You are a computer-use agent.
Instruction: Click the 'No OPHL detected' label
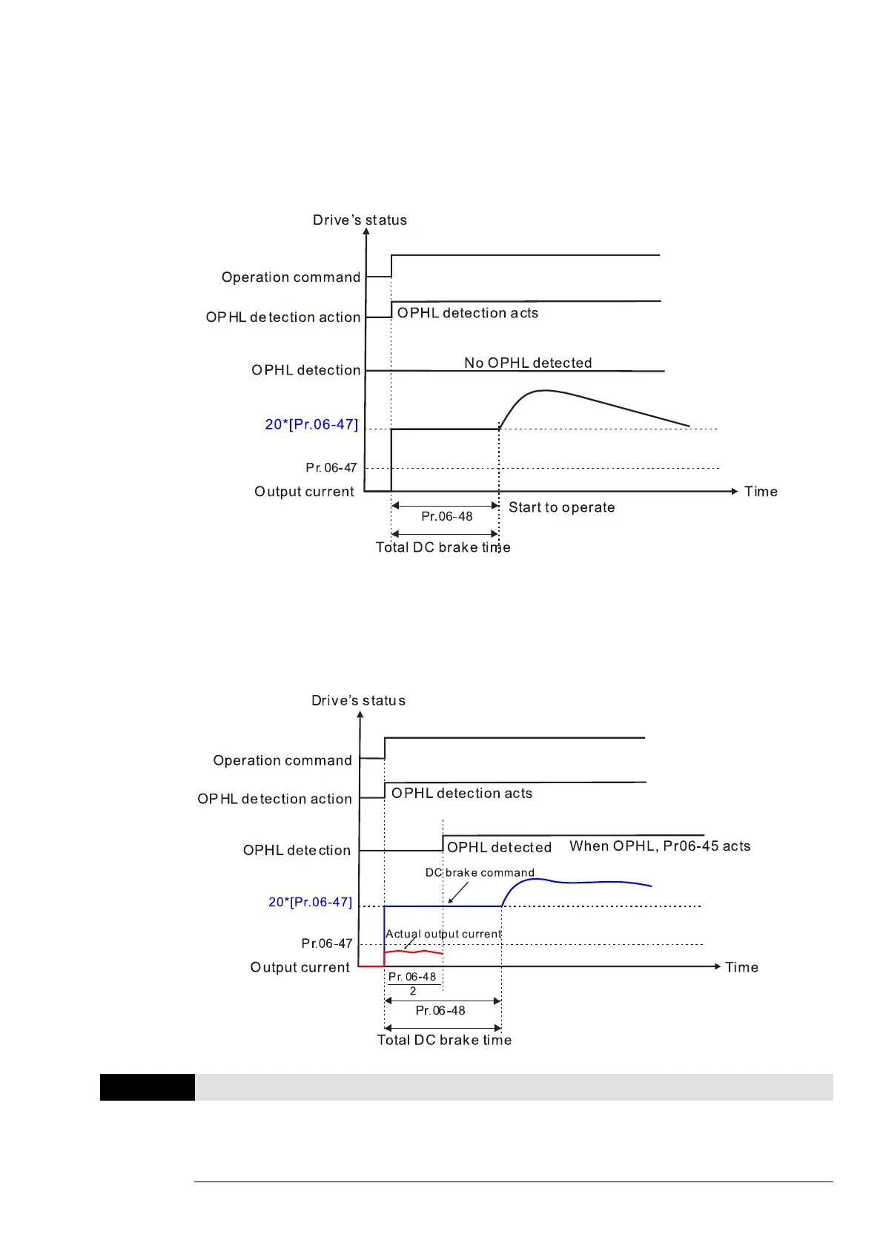click(x=528, y=363)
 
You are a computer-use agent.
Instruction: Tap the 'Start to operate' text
click(x=561, y=507)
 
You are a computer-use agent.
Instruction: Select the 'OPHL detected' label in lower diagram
click(x=499, y=847)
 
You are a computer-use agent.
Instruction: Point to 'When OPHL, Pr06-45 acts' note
click(x=660, y=846)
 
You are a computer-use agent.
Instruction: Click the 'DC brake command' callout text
click(x=480, y=873)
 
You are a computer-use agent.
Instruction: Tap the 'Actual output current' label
click(x=443, y=934)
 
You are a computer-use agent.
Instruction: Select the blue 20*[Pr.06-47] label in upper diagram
click(x=311, y=424)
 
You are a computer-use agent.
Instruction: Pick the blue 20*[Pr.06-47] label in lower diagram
click(x=310, y=902)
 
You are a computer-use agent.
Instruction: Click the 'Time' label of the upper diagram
click(x=761, y=492)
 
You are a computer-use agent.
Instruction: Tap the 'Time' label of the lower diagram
click(x=741, y=967)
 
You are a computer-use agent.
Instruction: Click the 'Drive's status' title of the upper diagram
click(x=360, y=220)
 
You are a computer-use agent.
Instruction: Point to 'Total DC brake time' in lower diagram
click(x=444, y=1040)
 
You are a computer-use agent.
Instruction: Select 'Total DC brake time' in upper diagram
click(x=443, y=547)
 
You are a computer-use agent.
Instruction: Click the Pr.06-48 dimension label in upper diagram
click(x=446, y=516)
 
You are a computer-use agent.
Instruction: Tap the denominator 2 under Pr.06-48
click(x=413, y=991)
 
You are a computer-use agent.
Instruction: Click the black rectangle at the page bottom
click(x=147, y=1087)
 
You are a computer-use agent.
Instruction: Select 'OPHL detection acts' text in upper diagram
click(x=468, y=313)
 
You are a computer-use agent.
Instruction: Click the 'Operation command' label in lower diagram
click(x=282, y=760)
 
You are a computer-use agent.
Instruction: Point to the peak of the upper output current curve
click(x=545, y=391)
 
